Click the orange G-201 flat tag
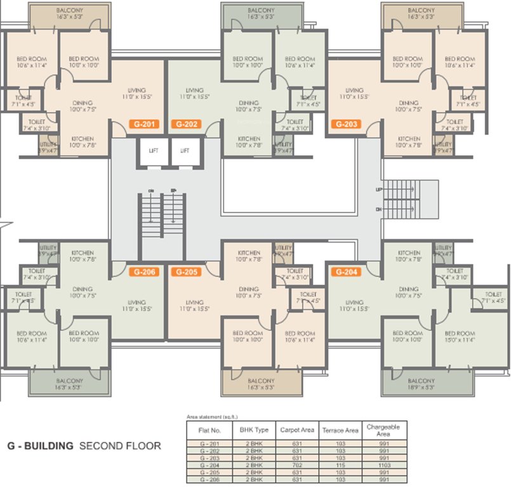point(143,124)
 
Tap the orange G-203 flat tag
point(347,124)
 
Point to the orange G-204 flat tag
point(347,272)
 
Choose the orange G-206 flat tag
point(143,272)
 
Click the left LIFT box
point(154,152)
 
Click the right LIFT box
point(185,152)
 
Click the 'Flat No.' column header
point(210,430)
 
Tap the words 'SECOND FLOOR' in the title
point(120,446)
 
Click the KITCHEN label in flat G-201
point(82,138)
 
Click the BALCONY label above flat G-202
point(261,11)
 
